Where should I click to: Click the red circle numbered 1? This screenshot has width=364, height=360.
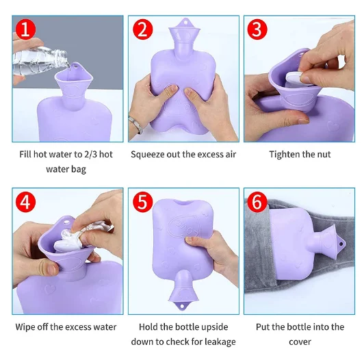pos(26,29)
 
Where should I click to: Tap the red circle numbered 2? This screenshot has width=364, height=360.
pos(143,29)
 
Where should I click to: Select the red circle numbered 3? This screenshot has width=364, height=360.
pos(257,29)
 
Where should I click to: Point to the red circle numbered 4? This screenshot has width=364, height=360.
pos(26,202)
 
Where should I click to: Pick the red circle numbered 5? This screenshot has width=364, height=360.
pos(143,202)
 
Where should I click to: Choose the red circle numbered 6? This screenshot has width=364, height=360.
pos(257,202)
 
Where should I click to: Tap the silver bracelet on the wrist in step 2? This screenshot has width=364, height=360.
pos(136,125)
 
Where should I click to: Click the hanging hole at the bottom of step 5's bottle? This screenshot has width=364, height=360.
pos(182,307)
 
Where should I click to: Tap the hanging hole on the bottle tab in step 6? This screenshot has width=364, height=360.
pos(341,244)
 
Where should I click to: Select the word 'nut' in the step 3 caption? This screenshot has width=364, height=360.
pos(324,155)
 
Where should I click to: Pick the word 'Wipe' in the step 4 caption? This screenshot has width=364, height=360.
pos(25,327)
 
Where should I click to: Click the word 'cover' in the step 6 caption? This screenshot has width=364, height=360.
pos(300,342)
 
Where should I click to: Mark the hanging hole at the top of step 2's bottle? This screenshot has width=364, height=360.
pos(185,23)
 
